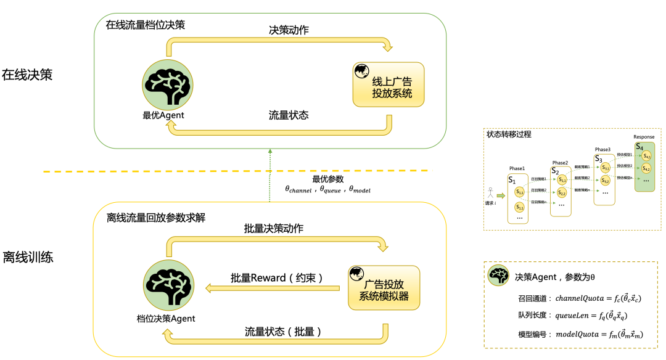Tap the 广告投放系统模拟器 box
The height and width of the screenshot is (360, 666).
pos(384,288)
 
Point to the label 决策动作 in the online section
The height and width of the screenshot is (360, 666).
pos(290,30)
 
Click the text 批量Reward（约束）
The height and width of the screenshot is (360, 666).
pos(277,278)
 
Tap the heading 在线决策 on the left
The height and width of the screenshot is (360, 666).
pos(28,75)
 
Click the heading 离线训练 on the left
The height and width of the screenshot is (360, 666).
pos(28,256)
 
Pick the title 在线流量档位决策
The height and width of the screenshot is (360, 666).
pos(146,25)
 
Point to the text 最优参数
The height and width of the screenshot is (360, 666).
pos(327,179)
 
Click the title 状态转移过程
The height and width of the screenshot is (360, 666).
pos(509,134)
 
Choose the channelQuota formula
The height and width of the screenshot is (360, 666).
pos(599,298)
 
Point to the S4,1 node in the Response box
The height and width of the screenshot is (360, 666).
pos(646,156)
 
